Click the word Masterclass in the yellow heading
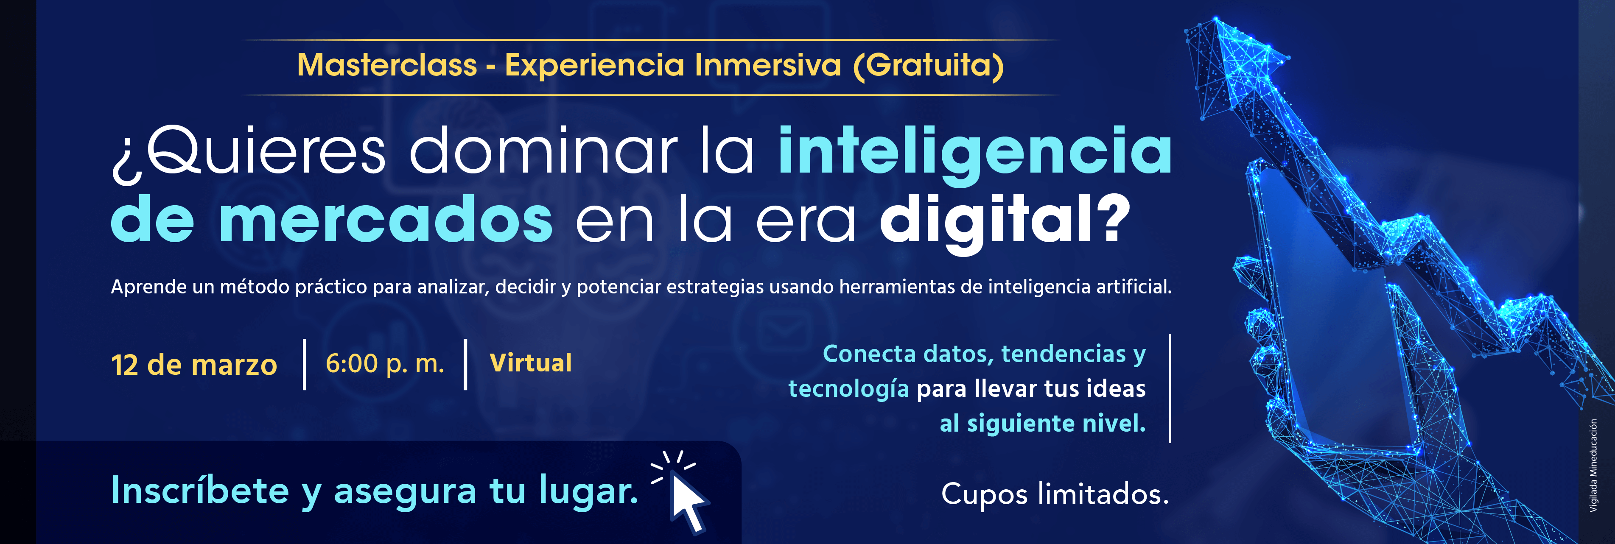(387, 65)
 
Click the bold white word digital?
(1005, 223)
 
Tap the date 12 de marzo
(194, 365)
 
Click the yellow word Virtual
(530, 363)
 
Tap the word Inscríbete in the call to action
(199, 490)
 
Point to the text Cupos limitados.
(1055, 494)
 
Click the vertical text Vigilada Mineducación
(1593, 466)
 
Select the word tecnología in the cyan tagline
(848, 389)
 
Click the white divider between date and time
(305, 364)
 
